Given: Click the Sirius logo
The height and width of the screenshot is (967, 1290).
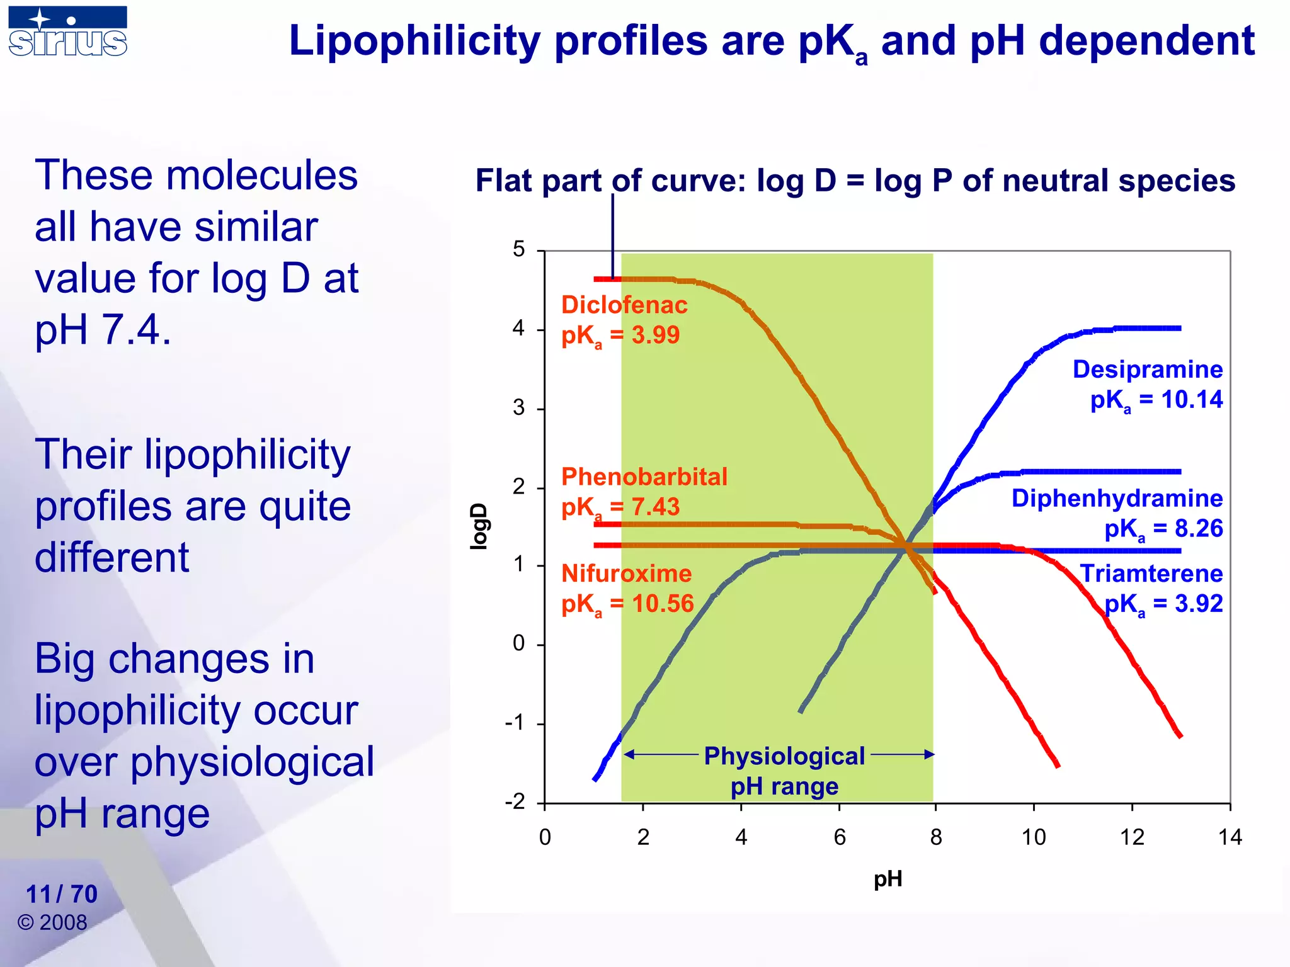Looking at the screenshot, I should pyautogui.click(x=68, y=31).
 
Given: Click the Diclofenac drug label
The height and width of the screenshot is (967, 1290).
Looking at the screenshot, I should pyautogui.click(x=624, y=305).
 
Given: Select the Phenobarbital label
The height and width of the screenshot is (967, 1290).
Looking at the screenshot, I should pyautogui.click(x=644, y=477).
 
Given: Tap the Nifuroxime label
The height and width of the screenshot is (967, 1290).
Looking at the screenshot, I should pyautogui.click(x=626, y=574).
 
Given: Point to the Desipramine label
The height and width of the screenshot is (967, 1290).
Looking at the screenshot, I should pyautogui.click(x=1147, y=370).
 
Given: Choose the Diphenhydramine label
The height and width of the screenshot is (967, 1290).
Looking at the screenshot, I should pyautogui.click(x=1117, y=499).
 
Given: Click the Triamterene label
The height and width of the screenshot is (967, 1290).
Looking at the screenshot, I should pyautogui.click(x=1151, y=574).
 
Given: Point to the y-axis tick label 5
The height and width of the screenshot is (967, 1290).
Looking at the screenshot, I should pyautogui.click(x=518, y=249).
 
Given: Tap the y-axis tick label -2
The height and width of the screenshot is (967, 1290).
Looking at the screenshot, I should pyautogui.click(x=515, y=802).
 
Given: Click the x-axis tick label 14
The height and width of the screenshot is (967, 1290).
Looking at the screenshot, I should pyautogui.click(x=1230, y=837).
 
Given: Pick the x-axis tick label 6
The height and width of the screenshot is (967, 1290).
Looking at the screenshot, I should pyautogui.click(x=839, y=837).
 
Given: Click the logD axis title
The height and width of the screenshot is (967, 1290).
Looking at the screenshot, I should pyautogui.click(x=479, y=526).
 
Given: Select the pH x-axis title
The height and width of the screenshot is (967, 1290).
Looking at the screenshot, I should pyautogui.click(x=888, y=879).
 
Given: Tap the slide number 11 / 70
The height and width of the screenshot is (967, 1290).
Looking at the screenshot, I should pyautogui.click(x=62, y=894).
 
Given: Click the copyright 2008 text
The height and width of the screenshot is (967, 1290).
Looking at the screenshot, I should pyautogui.click(x=52, y=922).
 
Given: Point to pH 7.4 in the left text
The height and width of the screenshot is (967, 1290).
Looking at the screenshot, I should pyautogui.click(x=103, y=329).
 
